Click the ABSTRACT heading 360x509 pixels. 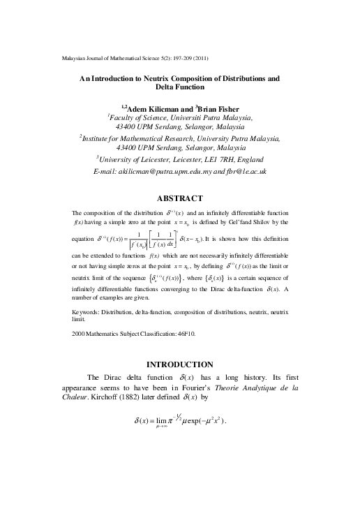(x=180, y=198)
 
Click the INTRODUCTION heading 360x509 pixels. (x=180, y=364)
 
